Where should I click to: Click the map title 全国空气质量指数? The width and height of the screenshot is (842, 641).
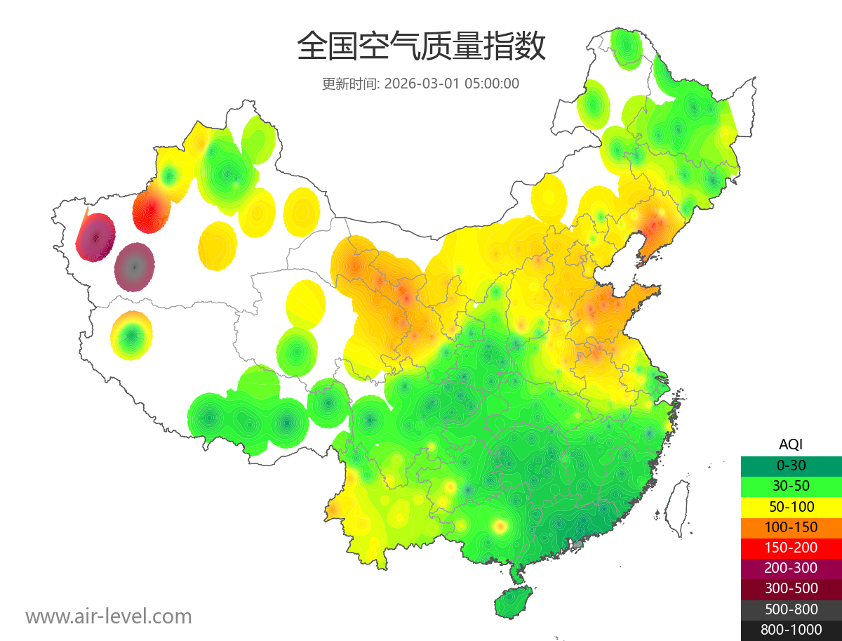pos(421,47)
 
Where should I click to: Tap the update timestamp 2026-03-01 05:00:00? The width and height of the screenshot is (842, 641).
pos(452,84)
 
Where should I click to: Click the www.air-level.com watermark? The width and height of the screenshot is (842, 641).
pos(109,616)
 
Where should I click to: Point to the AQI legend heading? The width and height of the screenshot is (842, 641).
pos(791,444)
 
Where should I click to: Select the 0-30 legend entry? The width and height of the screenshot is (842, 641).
pos(791,465)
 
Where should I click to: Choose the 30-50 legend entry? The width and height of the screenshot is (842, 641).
pos(791,486)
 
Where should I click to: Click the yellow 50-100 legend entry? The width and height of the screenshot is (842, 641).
pos(791,506)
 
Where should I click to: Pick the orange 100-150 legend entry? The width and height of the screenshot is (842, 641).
pos(791,527)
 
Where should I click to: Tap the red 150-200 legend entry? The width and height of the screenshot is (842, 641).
pos(791,548)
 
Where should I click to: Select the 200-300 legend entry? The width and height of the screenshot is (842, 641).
pos(791,568)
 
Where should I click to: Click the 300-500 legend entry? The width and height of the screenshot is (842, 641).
pos(791,588)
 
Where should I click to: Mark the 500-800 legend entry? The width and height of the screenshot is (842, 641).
pos(791,609)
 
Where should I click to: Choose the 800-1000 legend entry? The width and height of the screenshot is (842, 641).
pos(791,630)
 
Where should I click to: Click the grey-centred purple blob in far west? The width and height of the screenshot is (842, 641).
pos(135,267)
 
